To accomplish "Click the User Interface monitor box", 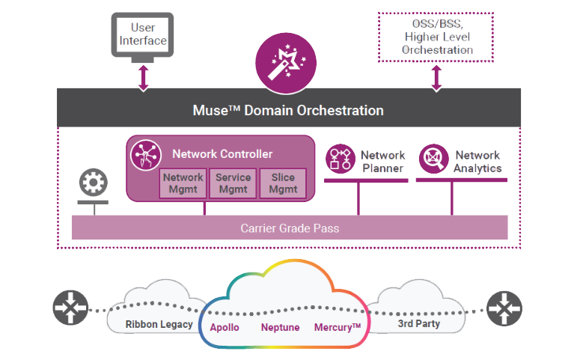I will point(142,35).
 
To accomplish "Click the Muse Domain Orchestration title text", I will point(288,111).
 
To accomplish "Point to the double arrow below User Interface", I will point(143,77).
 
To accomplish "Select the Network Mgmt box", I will point(183,183).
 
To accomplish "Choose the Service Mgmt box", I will point(233,183).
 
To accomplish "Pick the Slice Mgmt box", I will point(283,183).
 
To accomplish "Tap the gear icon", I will point(94,182).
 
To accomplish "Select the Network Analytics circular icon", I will point(433,159).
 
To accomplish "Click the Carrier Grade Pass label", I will point(289,228).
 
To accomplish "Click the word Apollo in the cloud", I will point(225,327).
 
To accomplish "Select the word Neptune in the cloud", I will point(281,327).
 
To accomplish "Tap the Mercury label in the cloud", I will point(338,327).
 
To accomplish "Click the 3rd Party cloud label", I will point(418,324).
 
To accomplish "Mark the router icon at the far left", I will point(70,308).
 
